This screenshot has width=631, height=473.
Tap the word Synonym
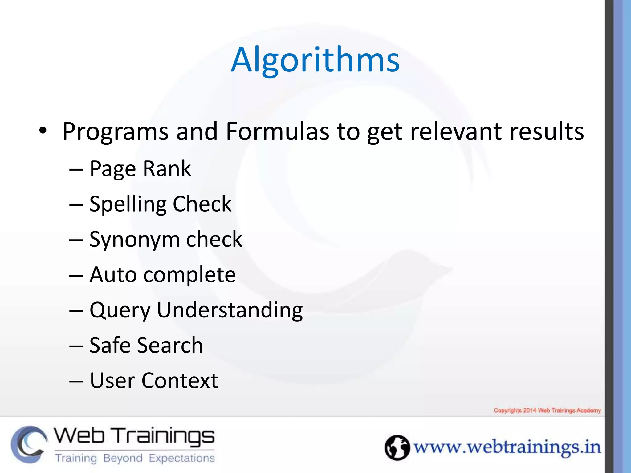tap(134, 240)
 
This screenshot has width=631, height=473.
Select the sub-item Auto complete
tap(162, 274)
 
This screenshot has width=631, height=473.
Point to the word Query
tap(120, 310)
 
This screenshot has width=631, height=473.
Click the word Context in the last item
tap(180, 381)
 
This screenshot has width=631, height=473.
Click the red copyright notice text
tap(547, 410)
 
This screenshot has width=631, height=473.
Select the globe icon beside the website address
tap(397, 447)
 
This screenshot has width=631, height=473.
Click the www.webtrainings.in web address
tap(507, 447)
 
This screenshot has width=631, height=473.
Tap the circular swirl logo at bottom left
tap(29, 444)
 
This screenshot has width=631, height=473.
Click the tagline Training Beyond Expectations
tap(135, 458)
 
